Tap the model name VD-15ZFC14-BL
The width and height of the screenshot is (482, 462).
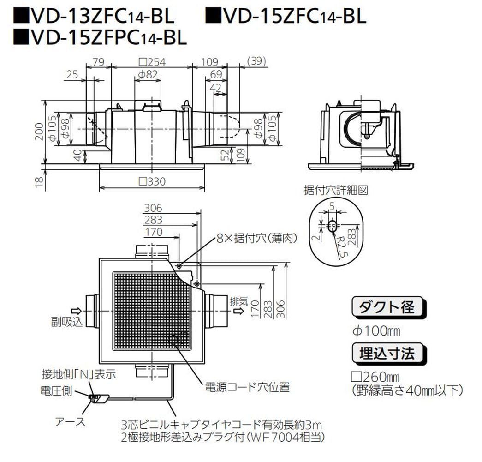click(286, 17)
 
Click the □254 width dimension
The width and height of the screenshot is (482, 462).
click(152, 61)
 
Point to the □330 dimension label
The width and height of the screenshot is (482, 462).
click(152, 181)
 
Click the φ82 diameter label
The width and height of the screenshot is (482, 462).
click(148, 74)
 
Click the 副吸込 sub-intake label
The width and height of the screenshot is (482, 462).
click(66, 321)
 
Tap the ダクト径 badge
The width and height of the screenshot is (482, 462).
click(387, 307)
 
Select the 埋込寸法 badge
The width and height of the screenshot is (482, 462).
click(387, 353)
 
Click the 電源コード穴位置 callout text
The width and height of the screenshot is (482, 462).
click(247, 387)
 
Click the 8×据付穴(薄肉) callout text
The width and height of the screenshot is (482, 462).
click(256, 238)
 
